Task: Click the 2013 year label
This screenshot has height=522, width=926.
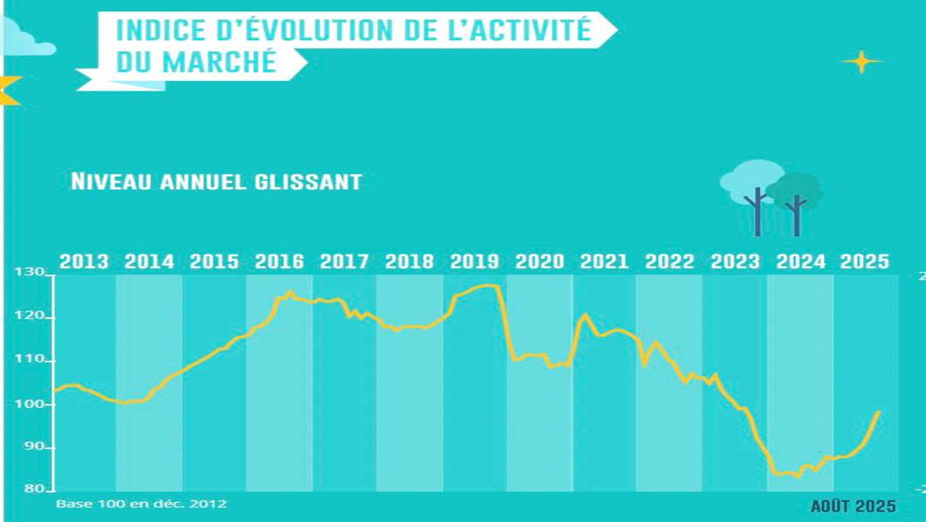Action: pyautogui.click(x=84, y=261)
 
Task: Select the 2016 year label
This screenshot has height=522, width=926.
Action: pyautogui.click(x=279, y=261)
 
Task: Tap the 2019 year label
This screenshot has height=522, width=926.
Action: pyautogui.click(x=474, y=261)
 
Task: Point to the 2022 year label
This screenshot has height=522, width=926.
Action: pyautogui.click(x=670, y=261)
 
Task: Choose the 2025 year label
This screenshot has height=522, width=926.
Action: pyautogui.click(x=864, y=261)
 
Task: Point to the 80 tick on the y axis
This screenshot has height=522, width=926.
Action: pyautogui.click(x=34, y=490)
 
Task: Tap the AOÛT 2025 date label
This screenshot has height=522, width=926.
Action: pyautogui.click(x=853, y=506)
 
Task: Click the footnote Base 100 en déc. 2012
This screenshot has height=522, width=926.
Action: pyautogui.click(x=141, y=504)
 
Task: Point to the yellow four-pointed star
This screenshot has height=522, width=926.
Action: pyautogui.click(x=861, y=62)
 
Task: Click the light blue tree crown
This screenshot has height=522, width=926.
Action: pyautogui.click(x=751, y=179)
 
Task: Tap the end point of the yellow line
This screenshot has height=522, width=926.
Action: pyautogui.click(x=878, y=411)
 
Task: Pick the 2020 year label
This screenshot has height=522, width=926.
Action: pyautogui.click(x=540, y=261)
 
